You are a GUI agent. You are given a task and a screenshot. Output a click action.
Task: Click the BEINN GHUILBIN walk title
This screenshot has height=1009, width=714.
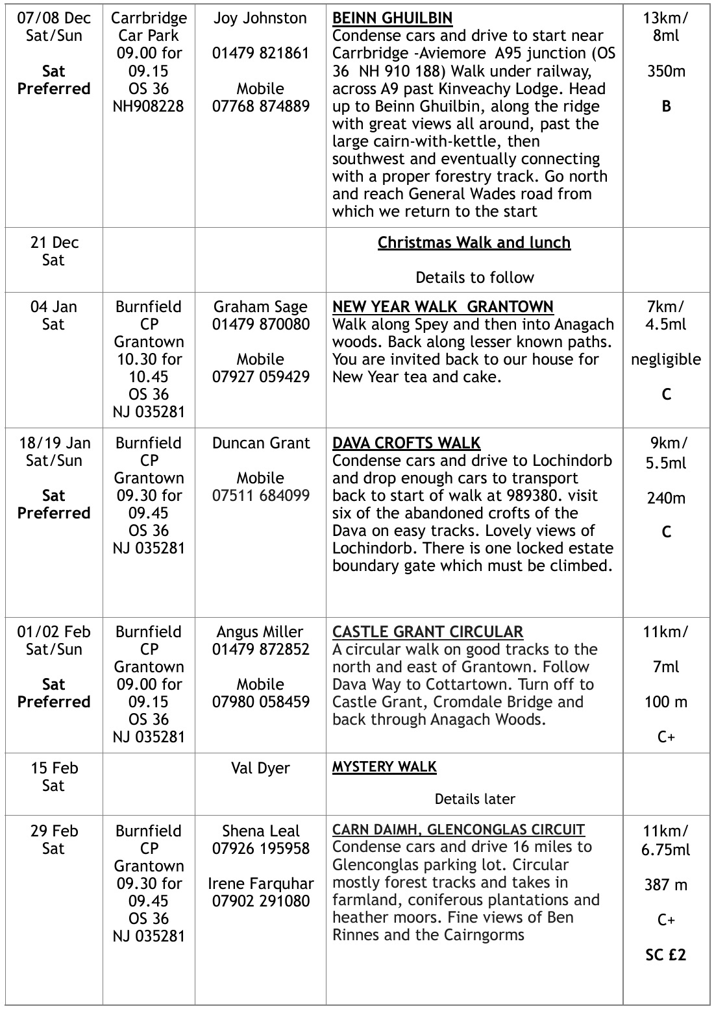(392, 18)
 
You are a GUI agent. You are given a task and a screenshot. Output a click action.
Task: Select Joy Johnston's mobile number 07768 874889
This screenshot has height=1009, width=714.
(260, 106)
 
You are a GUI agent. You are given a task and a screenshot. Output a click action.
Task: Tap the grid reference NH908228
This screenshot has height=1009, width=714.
(149, 106)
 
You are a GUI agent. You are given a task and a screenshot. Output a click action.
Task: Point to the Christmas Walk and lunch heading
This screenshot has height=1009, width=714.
(474, 243)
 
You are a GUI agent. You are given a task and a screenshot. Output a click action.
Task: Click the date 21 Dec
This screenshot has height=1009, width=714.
(54, 243)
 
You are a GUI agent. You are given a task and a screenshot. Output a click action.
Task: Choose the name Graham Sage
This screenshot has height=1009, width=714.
(260, 307)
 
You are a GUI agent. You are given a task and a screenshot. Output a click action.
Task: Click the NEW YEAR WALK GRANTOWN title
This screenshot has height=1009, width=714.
(443, 307)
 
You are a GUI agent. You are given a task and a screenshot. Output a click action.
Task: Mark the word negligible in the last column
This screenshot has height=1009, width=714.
(666, 359)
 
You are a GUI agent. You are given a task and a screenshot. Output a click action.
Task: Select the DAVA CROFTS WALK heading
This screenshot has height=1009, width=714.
(406, 443)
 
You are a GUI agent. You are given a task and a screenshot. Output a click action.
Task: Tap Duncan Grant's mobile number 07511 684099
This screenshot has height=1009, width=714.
(260, 496)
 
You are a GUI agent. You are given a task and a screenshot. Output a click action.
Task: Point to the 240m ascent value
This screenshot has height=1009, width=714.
(666, 498)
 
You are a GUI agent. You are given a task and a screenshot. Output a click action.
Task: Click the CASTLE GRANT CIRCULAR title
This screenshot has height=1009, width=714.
(428, 632)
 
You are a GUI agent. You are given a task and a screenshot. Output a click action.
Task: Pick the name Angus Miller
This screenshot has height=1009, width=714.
(260, 632)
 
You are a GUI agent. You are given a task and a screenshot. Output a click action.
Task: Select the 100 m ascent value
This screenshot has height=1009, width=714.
(666, 702)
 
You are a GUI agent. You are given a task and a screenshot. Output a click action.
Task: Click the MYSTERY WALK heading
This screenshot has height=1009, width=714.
(384, 767)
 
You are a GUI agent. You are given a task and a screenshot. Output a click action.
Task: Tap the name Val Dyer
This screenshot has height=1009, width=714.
(260, 768)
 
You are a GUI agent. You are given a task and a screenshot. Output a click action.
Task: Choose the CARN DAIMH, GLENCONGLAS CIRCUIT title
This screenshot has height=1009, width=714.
(458, 830)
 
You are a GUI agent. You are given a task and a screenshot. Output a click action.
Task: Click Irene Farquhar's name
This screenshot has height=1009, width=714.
(260, 884)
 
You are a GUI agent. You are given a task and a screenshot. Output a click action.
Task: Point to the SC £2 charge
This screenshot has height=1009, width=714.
(666, 955)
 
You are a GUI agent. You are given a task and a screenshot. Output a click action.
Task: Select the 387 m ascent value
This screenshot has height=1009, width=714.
(666, 885)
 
